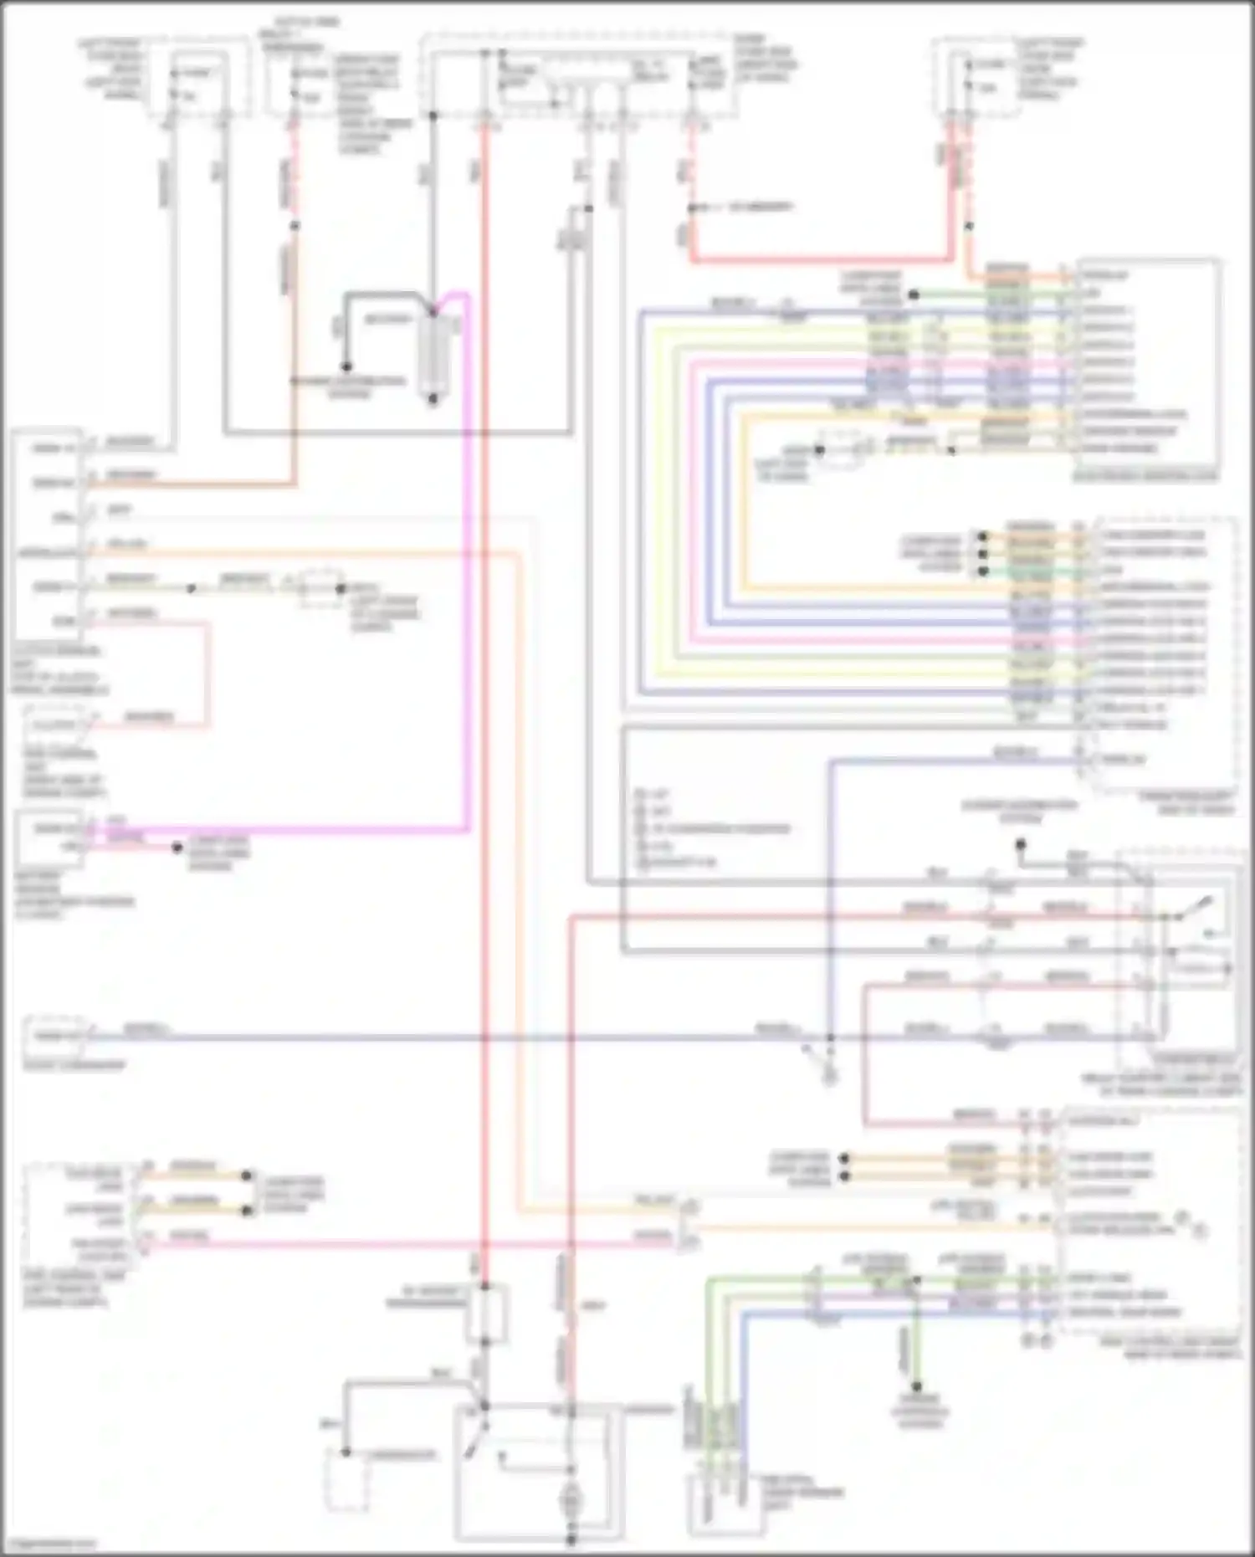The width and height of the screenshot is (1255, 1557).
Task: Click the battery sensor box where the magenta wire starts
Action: pos(49,837)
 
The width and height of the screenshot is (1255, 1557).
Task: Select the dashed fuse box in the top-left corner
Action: pos(197,79)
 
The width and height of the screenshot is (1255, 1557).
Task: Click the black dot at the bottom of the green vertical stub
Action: pos(917,1386)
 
